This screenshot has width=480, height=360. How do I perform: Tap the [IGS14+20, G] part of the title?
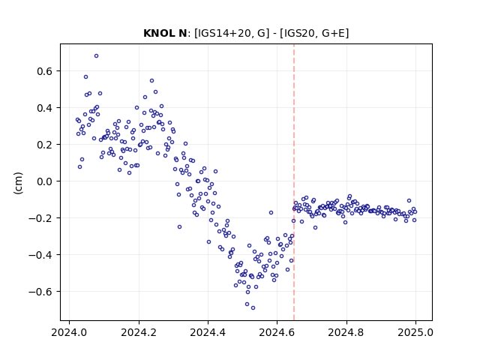[232, 33]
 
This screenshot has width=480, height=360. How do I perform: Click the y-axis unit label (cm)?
[18, 183]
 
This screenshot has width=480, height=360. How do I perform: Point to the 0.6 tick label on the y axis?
[45, 71]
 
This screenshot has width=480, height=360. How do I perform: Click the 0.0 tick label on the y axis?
[45, 181]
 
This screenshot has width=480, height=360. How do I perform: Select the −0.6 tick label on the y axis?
[40, 292]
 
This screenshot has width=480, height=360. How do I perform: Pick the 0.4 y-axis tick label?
[45, 108]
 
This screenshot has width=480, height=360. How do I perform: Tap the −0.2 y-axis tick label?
[40, 218]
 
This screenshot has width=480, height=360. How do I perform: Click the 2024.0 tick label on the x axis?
[69, 332]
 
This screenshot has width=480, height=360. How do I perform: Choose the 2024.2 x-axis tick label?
[139, 332]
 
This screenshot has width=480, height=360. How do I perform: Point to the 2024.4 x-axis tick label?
[208, 332]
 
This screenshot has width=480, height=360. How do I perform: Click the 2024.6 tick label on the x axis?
[277, 332]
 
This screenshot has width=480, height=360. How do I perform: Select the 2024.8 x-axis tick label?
[346, 332]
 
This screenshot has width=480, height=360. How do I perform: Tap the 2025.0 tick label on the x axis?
[415, 332]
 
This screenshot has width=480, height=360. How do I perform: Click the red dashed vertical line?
[294, 182]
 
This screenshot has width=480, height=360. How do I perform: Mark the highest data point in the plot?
[97, 56]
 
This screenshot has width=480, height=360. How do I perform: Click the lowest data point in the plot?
[253, 308]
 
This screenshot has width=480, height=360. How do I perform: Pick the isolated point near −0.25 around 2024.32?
[180, 226]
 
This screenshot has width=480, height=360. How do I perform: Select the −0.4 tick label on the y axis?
[40, 255]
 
